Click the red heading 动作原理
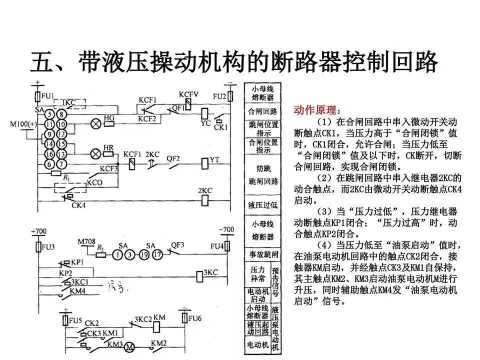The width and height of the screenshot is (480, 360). (x=318, y=109)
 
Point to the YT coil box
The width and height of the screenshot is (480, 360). (x=204, y=162)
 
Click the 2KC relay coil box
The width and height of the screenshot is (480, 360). (x=204, y=200)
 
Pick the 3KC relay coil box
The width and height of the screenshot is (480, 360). (x=203, y=273)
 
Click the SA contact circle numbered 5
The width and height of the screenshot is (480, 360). (x=49, y=114)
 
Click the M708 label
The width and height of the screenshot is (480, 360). (x=86, y=242)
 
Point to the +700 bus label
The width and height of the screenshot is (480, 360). (x=39, y=231)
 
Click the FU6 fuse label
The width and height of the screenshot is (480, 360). (x=195, y=318)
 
